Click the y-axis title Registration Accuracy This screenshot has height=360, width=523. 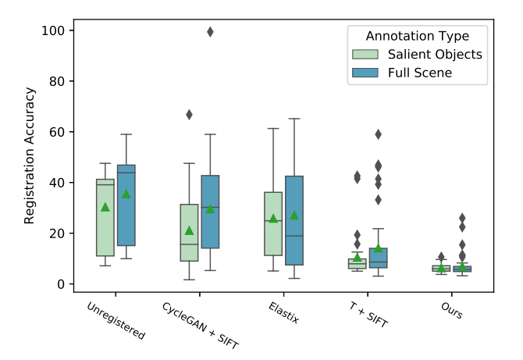30,156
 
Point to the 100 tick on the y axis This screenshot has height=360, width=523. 59,30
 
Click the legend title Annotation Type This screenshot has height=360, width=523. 418,36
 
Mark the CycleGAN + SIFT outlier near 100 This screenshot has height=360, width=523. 210,32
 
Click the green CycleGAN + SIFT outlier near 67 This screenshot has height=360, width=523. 189,115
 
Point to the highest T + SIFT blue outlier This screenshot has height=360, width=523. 379,134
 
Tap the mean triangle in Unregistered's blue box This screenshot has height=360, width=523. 126,194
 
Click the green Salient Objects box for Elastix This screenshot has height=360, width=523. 273,223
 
